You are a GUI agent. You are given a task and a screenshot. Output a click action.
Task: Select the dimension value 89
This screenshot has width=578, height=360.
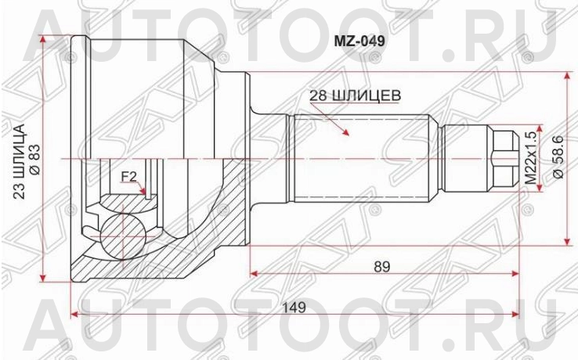click(x=381, y=266)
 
